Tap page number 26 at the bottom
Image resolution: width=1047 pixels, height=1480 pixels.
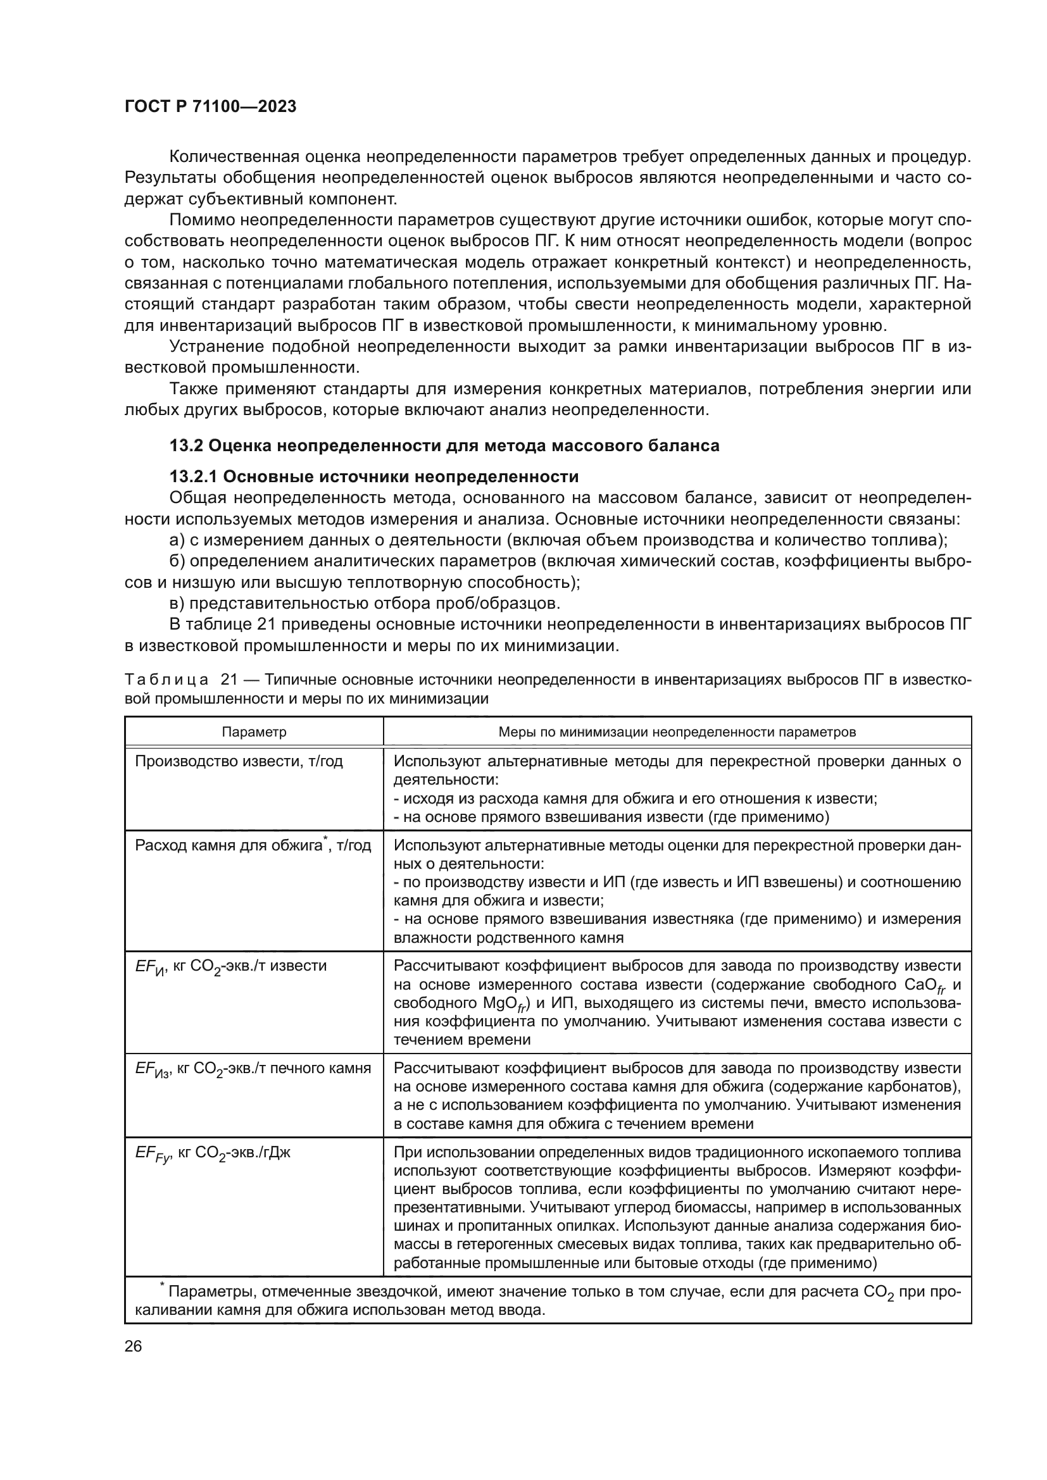click(x=133, y=1346)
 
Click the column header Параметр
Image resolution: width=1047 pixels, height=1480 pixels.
click(x=254, y=731)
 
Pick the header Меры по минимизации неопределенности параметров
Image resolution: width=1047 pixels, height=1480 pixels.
click(x=677, y=731)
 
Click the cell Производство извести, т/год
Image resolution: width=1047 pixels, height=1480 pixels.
click(x=239, y=761)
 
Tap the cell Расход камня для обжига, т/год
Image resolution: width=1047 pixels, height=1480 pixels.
click(x=253, y=845)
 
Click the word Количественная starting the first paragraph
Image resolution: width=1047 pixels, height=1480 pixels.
click(x=233, y=158)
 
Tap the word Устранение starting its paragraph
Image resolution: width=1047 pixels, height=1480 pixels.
click(x=216, y=347)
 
